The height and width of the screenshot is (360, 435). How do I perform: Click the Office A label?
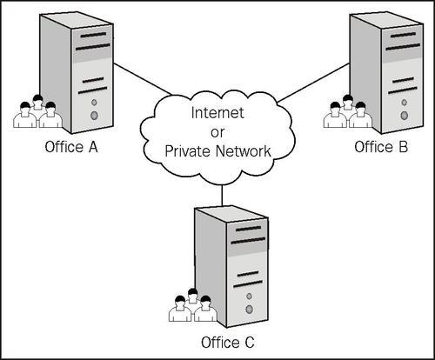71,147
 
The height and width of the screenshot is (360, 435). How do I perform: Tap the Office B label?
381,147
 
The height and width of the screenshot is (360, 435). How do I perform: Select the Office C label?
228,343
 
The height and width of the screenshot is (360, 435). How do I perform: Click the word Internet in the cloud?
217,113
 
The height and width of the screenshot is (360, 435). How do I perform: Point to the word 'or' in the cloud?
217,133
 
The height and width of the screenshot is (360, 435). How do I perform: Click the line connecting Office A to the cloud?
143,79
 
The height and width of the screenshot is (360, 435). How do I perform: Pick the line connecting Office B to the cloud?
313,83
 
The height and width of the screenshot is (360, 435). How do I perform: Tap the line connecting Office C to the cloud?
222,196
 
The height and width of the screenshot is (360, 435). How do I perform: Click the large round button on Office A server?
94,116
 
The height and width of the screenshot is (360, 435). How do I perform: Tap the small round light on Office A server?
94,103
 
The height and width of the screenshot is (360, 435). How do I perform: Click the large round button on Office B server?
404,116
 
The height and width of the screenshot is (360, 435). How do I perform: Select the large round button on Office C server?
249,310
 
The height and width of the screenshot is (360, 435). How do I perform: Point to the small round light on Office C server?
249,297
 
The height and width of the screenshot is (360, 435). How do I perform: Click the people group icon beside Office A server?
38,111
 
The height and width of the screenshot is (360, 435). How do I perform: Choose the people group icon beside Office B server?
348,111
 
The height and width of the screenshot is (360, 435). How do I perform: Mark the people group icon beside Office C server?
193,305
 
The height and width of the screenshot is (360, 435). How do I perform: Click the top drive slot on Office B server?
403,35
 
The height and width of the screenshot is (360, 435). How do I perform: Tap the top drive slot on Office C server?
248,229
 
